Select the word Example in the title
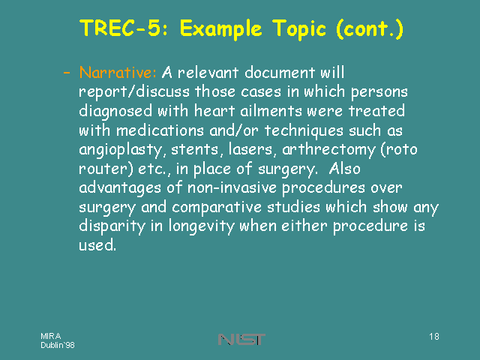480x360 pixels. [x=221, y=29]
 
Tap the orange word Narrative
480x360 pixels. [x=118, y=73]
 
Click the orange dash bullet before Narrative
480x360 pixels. [x=67, y=73]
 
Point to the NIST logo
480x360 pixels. [x=241, y=339]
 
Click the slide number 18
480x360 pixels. [x=434, y=337]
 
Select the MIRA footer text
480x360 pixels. [x=51, y=336]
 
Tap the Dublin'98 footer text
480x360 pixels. [x=58, y=345]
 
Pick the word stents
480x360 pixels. [x=195, y=150]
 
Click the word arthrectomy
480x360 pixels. [x=328, y=150]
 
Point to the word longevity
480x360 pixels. [x=202, y=226]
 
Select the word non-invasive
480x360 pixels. [x=232, y=187]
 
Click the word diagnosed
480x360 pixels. [x=115, y=112]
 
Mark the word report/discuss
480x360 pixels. [x=134, y=92]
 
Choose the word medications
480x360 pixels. [x=160, y=130]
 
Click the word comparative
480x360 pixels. [x=217, y=208]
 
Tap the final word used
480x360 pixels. [x=97, y=245]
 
